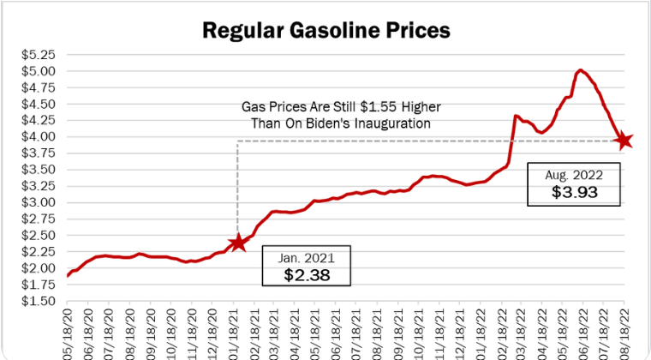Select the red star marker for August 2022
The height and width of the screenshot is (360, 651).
click(624, 140)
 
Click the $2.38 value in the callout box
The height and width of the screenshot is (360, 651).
click(307, 275)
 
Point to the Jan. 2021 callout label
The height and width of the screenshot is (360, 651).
click(307, 256)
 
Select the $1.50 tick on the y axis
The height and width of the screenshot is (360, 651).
click(38, 301)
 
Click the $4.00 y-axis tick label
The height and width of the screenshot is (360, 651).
click(38, 137)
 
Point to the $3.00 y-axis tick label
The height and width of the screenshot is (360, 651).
click(38, 203)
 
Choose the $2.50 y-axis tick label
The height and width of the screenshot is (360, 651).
click(38, 236)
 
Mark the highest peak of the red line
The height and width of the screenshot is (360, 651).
click(581, 70)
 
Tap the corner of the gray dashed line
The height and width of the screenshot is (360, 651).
click(237, 141)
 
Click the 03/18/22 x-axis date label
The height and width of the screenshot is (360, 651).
click(521, 333)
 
